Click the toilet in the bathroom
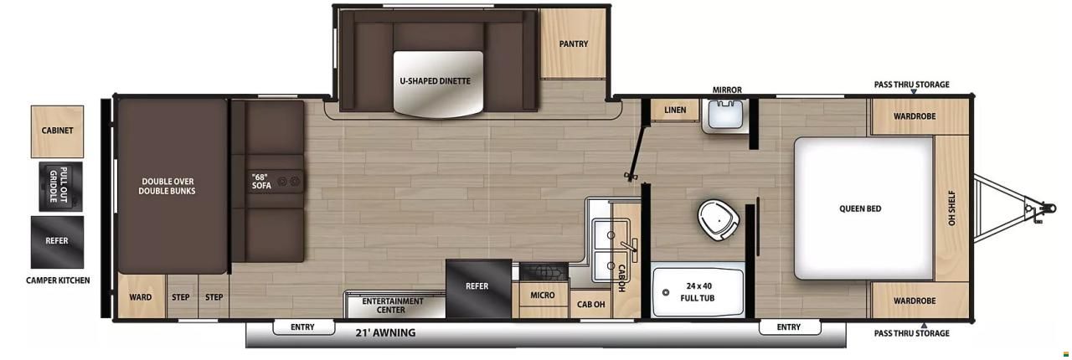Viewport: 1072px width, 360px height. click(x=718, y=219)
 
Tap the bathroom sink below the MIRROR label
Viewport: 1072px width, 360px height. click(x=724, y=115)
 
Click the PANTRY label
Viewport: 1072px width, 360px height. click(x=574, y=44)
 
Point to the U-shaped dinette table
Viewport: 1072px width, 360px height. click(x=438, y=84)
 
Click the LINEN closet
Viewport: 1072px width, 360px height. click(x=675, y=111)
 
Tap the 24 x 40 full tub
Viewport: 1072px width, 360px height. click(x=698, y=292)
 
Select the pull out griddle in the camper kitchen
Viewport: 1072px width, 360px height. click(x=61, y=186)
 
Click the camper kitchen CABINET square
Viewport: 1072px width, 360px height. click(x=58, y=131)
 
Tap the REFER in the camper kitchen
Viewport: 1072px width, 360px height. click(x=58, y=242)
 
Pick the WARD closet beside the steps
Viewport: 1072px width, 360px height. click(x=142, y=296)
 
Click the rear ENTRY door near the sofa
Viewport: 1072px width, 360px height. click(x=303, y=327)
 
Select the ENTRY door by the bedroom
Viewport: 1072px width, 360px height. click(x=790, y=327)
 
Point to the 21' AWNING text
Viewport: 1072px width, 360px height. click(x=385, y=332)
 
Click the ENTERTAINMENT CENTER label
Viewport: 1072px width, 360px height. click(x=393, y=306)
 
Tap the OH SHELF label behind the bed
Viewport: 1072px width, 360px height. click(x=951, y=208)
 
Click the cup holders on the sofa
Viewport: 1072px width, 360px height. click(x=289, y=181)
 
